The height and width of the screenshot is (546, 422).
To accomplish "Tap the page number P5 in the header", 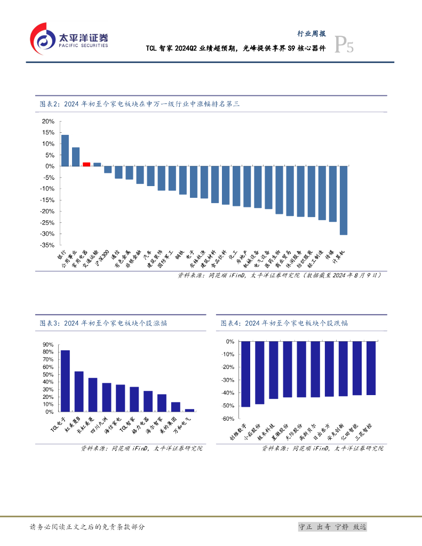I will pyautogui.click(x=343, y=46).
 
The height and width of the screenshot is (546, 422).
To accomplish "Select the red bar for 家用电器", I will pyautogui.click(x=86, y=164).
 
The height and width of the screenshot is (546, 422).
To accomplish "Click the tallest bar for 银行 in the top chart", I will pyautogui.click(x=65, y=150).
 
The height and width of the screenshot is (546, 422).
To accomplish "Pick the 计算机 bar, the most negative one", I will pyautogui.click(x=344, y=200).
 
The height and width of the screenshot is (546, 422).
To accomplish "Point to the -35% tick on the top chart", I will pyautogui.click(x=47, y=245).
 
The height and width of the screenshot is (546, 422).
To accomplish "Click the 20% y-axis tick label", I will pyautogui.click(x=47, y=121).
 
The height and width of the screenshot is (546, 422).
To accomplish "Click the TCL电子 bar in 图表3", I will pyautogui.click(x=65, y=381).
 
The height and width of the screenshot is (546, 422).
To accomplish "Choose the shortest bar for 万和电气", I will pyautogui.click(x=190, y=410).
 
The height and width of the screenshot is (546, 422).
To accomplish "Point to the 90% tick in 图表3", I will pyautogui.click(x=47, y=344).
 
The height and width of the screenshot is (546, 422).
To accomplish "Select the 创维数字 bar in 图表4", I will pyautogui.click(x=245, y=374).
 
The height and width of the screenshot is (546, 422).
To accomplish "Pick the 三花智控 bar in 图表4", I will pyautogui.click(x=371, y=368).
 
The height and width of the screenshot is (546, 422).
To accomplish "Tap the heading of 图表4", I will pyautogui.click(x=285, y=323).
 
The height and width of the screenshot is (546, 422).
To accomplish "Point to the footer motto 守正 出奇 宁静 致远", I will pyautogui.click(x=332, y=527).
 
